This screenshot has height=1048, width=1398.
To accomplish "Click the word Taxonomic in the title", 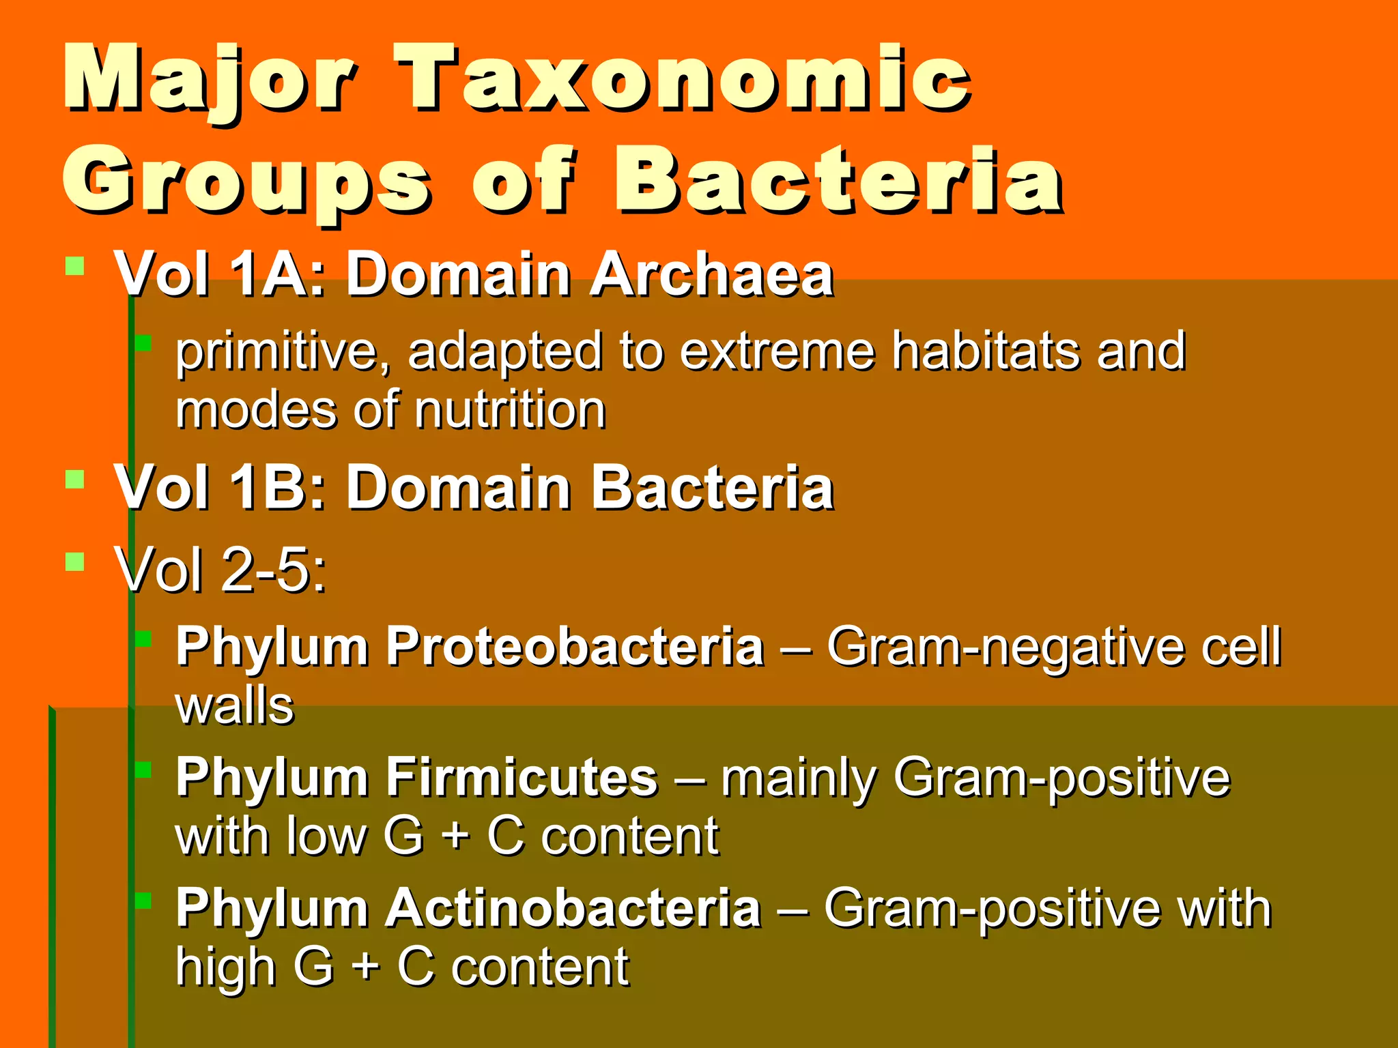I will click(x=683, y=78).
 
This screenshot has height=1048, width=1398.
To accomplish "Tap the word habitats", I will click(x=986, y=351).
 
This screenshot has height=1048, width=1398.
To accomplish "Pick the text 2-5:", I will click(x=274, y=570).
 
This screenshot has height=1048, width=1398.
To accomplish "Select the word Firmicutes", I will click(x=522, y=777).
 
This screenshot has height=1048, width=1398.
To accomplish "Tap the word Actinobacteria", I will click(x=573, y=908).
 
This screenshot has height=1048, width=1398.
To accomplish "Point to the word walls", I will click(x=235, y=706).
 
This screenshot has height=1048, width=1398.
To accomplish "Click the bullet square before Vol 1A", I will click(x=74, y=265).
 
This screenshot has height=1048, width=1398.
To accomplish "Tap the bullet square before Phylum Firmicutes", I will click(x=143, y=770).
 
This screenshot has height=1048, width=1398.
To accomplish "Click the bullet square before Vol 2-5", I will click(x=74, y=562).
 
